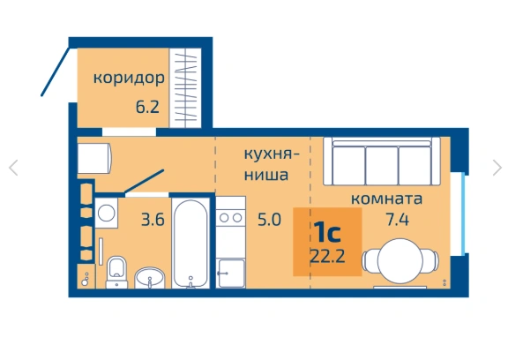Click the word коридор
click(129, 78)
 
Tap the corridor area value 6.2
click(147, 107)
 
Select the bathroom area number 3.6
click(153, 220)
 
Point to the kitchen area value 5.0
click(269, 220)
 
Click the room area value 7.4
click(397, 220)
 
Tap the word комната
click(386, 199)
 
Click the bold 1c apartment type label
click(327, 232)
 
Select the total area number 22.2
click(327, 256)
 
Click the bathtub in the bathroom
click(191, 244)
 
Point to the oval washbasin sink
click(150, 278)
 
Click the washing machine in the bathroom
click(107, 213)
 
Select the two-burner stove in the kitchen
click(230, 218)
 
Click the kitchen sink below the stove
click(230, 274)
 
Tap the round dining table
click(400, 260)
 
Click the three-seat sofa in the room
click(382, 161)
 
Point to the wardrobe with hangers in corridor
click(185, 87)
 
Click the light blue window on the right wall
click(463, 214)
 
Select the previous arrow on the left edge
click(13, 168)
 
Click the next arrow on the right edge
click(497, 168)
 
